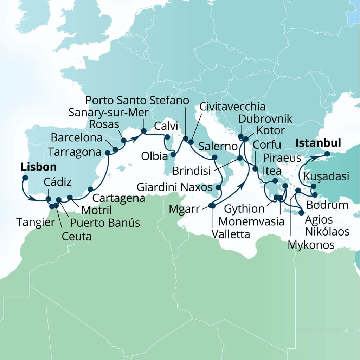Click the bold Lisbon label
click(39, 167)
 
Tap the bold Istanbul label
click(319, 143)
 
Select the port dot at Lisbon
click(25, 178)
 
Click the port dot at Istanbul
click(327, 154)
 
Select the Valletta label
click(231, 234)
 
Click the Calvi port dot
click(167, 137)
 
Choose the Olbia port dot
click(173, 154)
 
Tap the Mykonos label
click(311, 245)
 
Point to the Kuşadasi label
click(327, 176)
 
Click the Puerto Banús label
click(105, 223)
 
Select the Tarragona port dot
click(108, 153)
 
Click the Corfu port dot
click(255, 169)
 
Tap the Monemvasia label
click(251, 221)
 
